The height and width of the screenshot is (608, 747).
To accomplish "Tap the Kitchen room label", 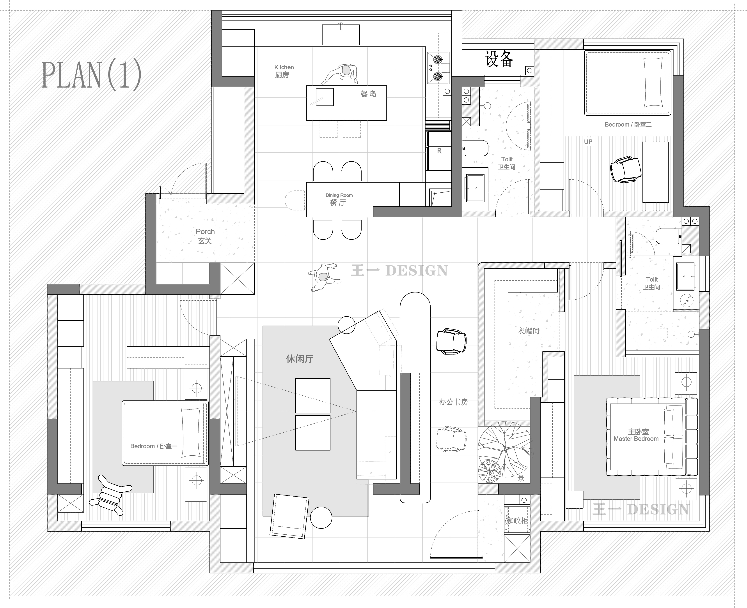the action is [x=284, y=67].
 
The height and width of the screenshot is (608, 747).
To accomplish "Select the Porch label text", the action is [x=205, y=231].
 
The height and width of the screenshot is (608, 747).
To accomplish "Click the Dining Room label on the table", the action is [x=339, y=195].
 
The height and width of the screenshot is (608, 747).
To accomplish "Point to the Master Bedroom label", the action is [x=636, y=439].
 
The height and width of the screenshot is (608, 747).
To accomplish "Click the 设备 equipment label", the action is [x=499, y=59].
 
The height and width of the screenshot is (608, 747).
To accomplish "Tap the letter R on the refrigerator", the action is [x=439, y=151].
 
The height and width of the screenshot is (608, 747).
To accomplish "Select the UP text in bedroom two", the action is [x=588, y=142].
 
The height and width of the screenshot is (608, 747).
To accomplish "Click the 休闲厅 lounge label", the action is [x=300, y=359].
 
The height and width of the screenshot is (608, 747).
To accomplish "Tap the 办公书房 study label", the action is [x=453, y=402].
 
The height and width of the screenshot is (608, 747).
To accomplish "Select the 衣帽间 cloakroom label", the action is [x=529, y=331].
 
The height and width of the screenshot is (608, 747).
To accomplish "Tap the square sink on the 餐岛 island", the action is [x=325, y=97].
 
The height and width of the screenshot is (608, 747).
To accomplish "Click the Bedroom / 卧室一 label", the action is [x=154, y=446].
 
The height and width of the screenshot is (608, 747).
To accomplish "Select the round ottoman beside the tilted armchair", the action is [x=321, y=517].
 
